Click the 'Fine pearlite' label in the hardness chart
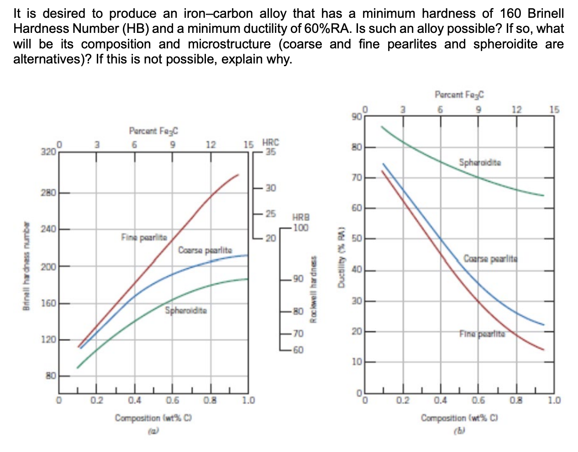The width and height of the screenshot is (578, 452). tap(144, 237)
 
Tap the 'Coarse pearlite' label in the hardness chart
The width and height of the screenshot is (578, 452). tap(205, 250)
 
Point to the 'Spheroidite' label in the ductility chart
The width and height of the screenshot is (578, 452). tap(480, 162)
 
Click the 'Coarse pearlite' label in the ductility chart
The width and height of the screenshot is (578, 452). tap(491, 258)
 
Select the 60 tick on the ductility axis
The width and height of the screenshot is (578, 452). tap(357, 209)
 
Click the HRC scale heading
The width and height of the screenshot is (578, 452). tap(271, 142)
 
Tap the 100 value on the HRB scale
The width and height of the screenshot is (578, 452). tap(301, 227)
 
